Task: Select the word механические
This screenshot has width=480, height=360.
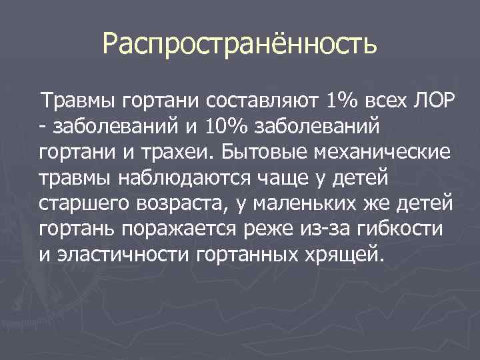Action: [371, 152]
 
